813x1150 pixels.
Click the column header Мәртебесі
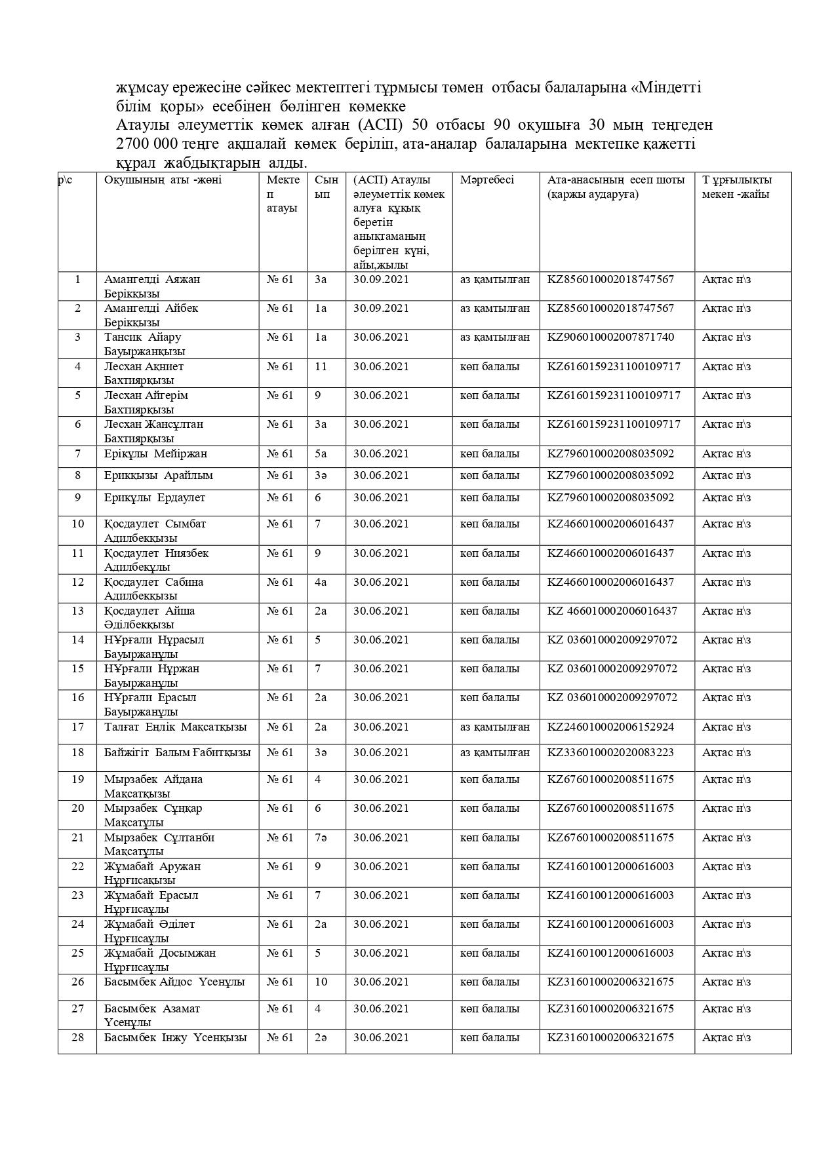[x=486, y=180]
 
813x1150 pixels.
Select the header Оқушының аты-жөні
[x=163, y=180]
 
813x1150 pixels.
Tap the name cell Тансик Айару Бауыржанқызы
[x=144, y=344]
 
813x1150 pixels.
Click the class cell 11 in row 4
[x=320, y=366]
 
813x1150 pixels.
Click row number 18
[x=77, y=752]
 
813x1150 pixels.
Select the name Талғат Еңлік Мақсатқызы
[x=175, y=727]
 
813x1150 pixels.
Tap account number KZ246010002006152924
[x=610, y=727]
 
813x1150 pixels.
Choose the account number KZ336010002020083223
[x=610, y=752]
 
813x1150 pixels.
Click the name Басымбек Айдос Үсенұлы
[x=174, y=982]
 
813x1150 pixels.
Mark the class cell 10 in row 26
[x=320, y=982]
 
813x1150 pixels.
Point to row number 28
[x=77, y=1037]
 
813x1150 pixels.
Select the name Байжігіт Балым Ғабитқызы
[x=177, y=752]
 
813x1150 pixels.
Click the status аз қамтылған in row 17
[x=494, y=727]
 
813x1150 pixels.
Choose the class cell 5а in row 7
[x=320, y=453]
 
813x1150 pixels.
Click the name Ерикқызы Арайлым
[x=158, y=475]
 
